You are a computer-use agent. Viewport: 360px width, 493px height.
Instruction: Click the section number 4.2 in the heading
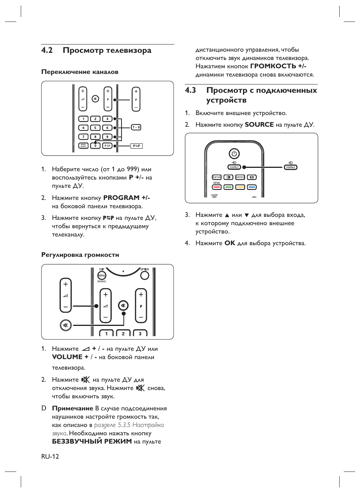click(x=47, y=51)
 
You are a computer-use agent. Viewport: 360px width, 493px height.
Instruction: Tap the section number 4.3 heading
click(x=191, y=90)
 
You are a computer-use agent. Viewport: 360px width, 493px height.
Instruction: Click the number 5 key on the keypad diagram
click(x=95, y=127)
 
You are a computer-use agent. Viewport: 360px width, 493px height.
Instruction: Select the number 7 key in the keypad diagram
click(x=83, y=137)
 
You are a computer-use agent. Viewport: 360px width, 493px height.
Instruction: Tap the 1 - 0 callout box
click(x=136, y=127)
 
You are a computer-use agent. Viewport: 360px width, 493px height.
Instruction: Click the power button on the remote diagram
click(x=234, y=154)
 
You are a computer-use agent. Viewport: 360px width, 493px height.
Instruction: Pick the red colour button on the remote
click(x=217, y=187)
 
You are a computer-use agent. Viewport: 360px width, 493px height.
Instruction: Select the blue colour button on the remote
click(x=252, y=187)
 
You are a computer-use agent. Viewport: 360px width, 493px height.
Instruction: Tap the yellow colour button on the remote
click(x=240, y=187)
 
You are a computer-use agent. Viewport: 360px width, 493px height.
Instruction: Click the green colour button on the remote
click(x=228, y=187)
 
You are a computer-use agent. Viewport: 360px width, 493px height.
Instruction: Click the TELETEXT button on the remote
click(x=217, y=177)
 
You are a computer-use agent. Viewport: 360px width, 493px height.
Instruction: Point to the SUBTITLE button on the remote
click(x=240, y=177)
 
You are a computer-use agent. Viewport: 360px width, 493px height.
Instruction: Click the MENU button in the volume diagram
click(x=102, y=275)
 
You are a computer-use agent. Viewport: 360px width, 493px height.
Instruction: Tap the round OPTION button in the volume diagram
click(x=145, y=275)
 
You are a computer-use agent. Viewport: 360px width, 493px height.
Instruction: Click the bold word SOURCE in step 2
click(x=259, y=124)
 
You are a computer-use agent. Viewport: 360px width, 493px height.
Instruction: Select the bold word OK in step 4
click(x=230, y=243)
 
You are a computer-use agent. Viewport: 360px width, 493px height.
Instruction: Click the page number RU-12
click(x=50, y=456)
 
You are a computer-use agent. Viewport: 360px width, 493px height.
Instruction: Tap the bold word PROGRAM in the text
click(x=122, y=198)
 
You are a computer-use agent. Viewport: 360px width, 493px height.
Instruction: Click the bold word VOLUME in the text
click(x=67, y=357)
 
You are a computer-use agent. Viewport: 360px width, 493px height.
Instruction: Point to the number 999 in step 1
click(x=132, y=169)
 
